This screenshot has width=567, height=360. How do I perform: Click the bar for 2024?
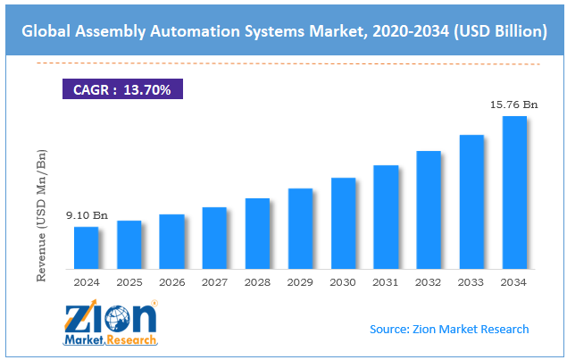86,247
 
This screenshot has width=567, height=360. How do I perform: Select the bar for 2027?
214,238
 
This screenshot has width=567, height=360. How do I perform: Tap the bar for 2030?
343,223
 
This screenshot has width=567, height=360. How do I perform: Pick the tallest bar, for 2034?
514,192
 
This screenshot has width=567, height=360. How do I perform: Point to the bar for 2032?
429,210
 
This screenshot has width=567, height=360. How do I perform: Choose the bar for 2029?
300,229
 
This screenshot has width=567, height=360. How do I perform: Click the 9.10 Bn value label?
87,215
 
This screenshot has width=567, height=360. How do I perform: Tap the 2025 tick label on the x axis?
129,282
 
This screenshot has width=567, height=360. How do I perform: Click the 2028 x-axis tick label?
257,282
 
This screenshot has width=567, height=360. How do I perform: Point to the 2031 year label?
386,282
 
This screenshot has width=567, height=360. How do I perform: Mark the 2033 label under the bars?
471,282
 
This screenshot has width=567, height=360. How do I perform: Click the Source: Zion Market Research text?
449,329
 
